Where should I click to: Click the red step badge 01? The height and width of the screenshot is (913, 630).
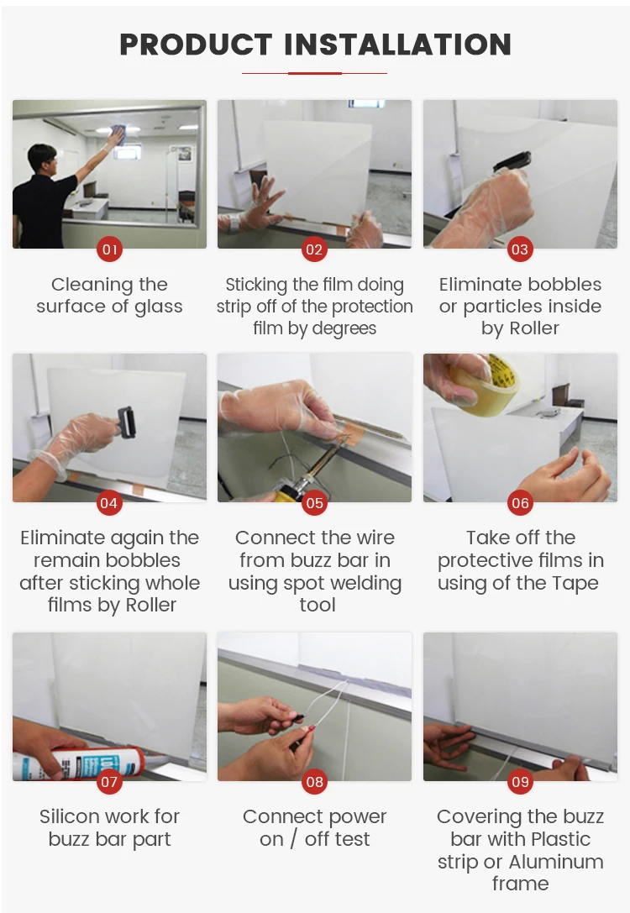pyautogui.click(x=109, y=249)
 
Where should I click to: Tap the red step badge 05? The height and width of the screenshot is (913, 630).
pyautogui.click(x=314, y=503)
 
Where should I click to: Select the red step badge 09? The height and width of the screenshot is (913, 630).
pyautogui.click(x=520, y=781)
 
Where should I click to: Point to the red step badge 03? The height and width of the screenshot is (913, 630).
pyautogui.click(x=520, y=249)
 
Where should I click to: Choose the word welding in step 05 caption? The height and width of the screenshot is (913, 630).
pyautogui.click(x=365, y=583)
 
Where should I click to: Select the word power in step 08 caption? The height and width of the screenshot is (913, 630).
pyautogui.click(x=356, y=817)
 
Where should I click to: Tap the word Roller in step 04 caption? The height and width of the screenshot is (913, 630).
pyautogui.click(x=151, y=605)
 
